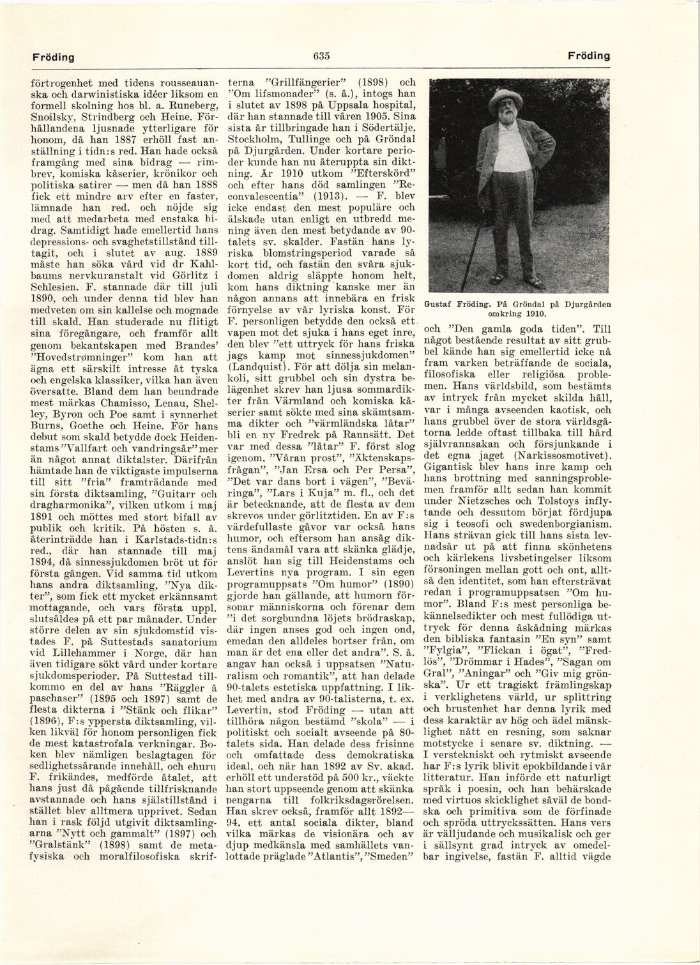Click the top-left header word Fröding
(x=54, y=57)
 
